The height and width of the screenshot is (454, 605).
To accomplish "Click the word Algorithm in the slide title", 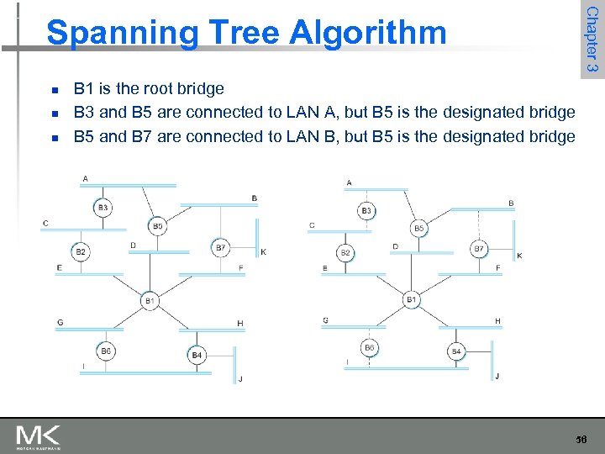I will [x=368, y=33].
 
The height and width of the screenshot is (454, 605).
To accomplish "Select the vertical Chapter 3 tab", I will [x=592, y=40].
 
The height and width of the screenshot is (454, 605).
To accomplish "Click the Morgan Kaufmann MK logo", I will [x=38, y=436].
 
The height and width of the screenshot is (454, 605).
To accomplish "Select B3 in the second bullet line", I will [x=84, y=112].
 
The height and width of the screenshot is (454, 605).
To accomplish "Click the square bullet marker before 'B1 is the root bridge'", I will [x=53, y=89].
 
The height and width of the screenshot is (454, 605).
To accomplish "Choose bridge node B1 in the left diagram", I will [x=150, y=300].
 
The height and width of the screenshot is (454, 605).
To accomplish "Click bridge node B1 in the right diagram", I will [x=412, y=299].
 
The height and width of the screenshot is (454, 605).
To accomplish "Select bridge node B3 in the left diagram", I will [x=103, y=207].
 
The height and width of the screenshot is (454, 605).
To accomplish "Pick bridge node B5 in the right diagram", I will [x=418, y=228].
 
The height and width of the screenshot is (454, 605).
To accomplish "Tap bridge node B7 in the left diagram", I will [x=221, y=247].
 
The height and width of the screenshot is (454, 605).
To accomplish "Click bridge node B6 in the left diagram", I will [x=105, y=351].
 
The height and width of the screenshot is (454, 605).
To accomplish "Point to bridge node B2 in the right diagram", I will [x=345, y=252].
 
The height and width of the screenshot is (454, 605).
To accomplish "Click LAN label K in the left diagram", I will [x=263, y=251].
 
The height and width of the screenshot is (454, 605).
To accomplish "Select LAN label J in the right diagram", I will [x=497, y=376].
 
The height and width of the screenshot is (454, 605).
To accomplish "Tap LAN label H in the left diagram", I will [x=240, y=323].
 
